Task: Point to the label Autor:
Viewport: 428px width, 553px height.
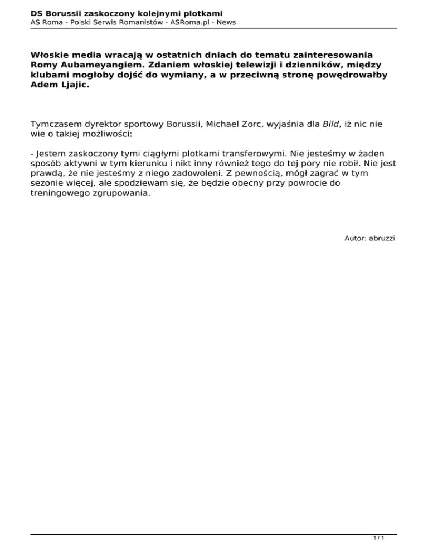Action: (x=355, y=238)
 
